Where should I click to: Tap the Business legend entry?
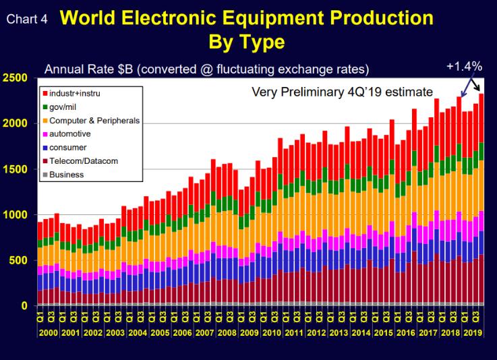click(67, 175)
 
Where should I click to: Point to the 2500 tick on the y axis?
click(15, 78)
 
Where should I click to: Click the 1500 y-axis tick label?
click(15, 169)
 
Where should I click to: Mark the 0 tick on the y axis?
click(24, 306)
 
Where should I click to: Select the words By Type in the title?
click(248, 42)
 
